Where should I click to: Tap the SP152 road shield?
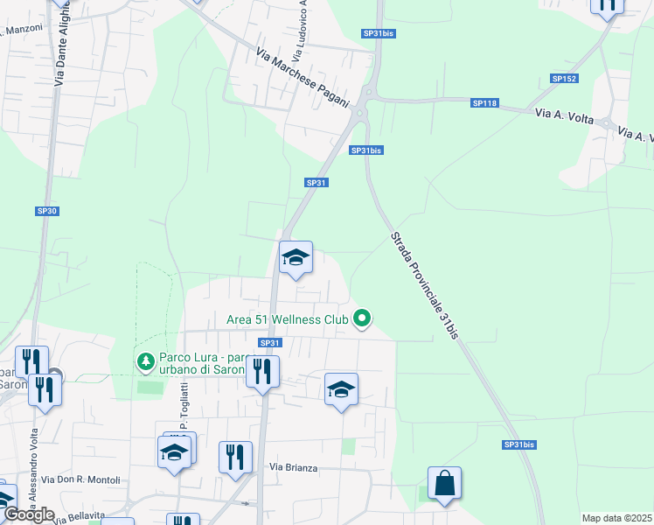pyautogui.click(x=564, y=79)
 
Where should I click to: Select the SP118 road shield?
pyautogui.click(x=484, y=103)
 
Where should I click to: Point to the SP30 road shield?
pyautogui.click(x=46, y=211)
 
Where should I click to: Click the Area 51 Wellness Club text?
pyautogui.click(x=288, y=320)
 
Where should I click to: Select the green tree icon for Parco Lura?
pyautogui.click(x=146, y=360)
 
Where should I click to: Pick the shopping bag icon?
pyautogui.click(x=444, y=483)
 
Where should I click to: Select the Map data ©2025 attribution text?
pyautogui.click(x=616, y=518)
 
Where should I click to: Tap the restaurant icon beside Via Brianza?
pyautogui.click(x=235, y=458)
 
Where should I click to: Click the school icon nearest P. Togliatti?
pyautogui.click(x=174, y=452)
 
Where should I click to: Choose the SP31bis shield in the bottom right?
pyautogui.click(x=519, y=444)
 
